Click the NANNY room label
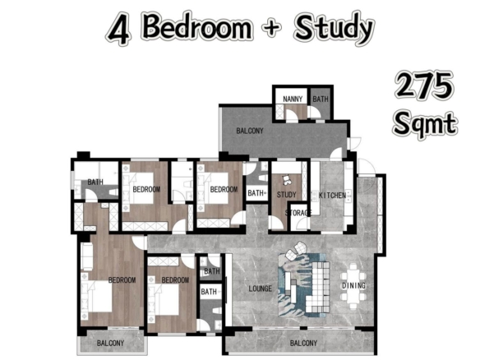click(x=293, y=99)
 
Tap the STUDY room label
click(x=287, y=195)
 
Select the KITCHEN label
click(x=332, y=195)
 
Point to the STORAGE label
click(x=298, y=212)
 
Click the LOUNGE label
click(x=261, y=288)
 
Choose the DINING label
click(x=354, y=285)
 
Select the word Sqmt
click(x=425, y=124)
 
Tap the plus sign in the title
click(x=271, y=28)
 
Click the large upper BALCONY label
click(x=250, y=131)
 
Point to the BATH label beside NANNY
click(x=321, y=99)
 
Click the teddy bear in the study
click(x=287, y=180)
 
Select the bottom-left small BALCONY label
click(x=110, y=344)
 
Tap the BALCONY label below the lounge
click(x=303, y=344)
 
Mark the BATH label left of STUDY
click(x=256, y=193)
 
